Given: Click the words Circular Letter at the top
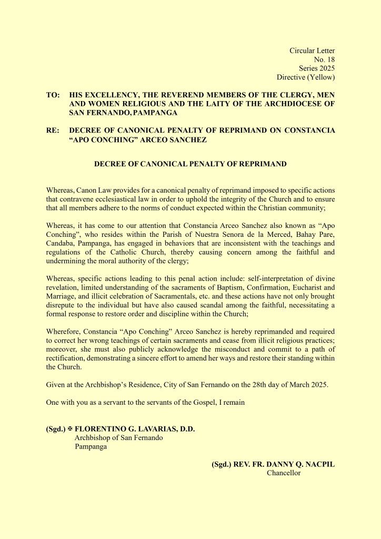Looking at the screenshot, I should tap(312, 51).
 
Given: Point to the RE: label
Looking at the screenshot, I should tap(53, 130).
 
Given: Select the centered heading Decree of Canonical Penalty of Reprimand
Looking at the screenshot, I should tap(190, 164).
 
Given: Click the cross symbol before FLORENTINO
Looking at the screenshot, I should tap(70, 429).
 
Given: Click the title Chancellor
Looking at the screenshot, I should tap(284, 473).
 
